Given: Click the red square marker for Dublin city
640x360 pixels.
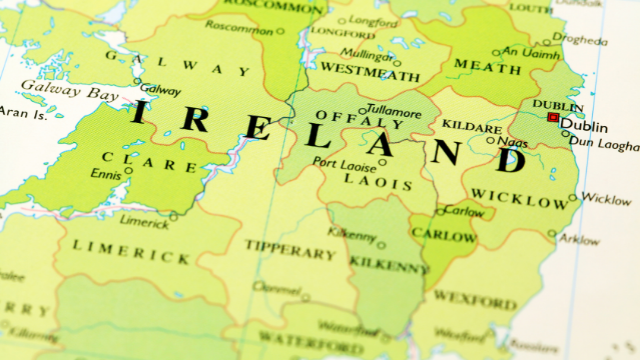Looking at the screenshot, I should pyautogui.click(x=553, y=118).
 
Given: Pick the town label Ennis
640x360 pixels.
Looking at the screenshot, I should pyautogui.click(x=105, y=174).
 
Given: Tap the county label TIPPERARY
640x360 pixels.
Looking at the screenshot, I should pyautogui.click(x=291, y=249).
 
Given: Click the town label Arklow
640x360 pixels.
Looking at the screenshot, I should pyautogui.click(x=580, y=240).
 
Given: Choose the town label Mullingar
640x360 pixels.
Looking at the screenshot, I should pyautogui.click(x=366, y=56).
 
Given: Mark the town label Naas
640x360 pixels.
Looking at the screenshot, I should pyautogui.click(x=512, y=142).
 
